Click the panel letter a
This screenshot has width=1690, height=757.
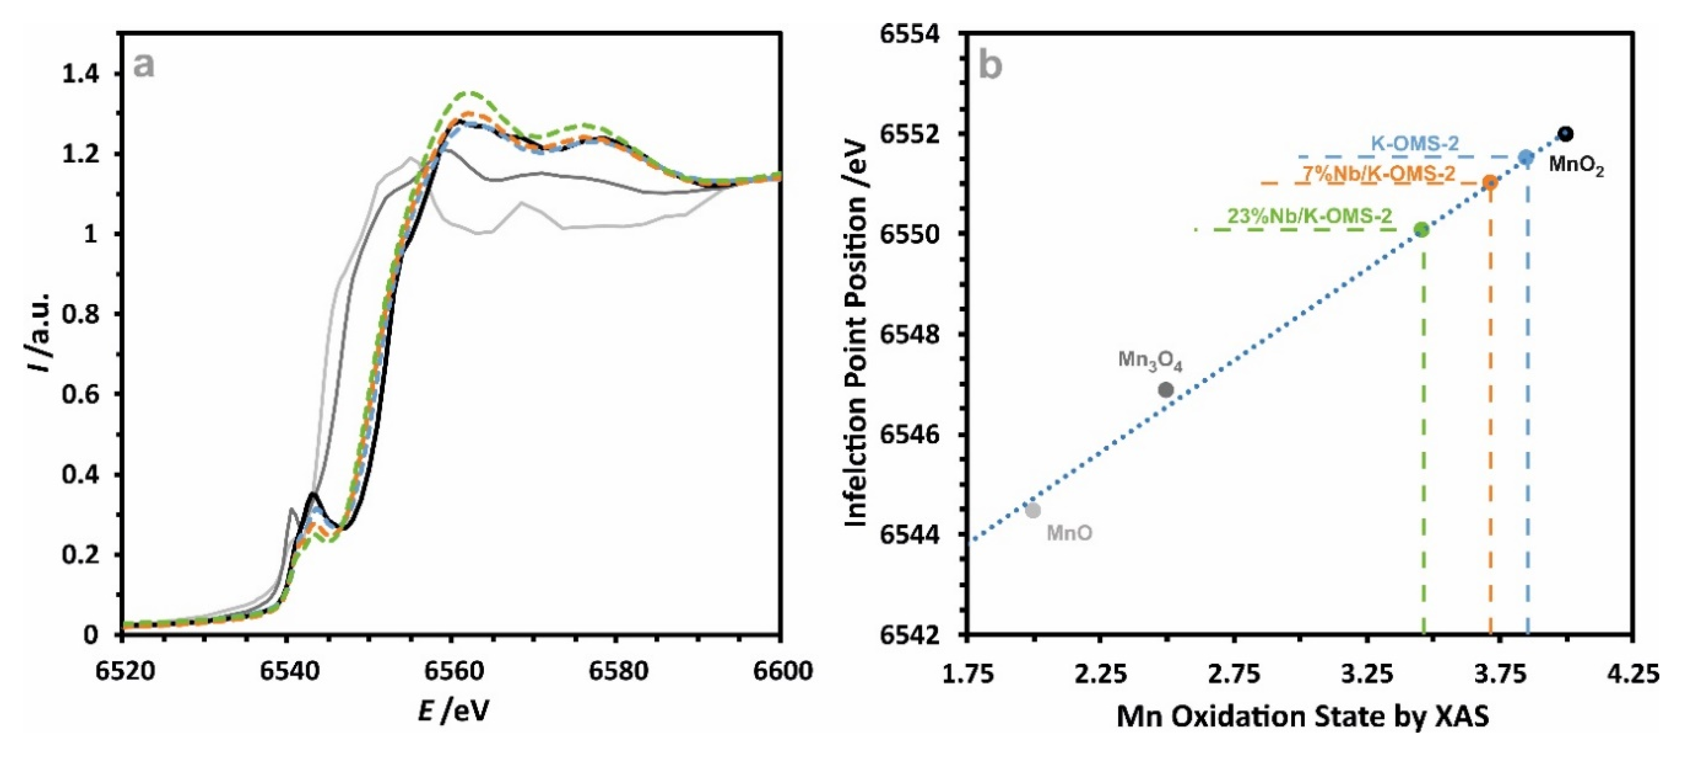coord(144,65)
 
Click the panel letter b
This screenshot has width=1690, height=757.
coord(990,65)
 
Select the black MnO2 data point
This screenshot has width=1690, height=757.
coord(1566,134)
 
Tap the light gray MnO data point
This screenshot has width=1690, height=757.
coord(1033,510)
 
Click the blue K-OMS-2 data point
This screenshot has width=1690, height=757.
coord(1526,157)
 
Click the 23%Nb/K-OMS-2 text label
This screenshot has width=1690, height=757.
coord(1309,215)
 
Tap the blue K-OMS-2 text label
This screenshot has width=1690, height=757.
coord(1414,143)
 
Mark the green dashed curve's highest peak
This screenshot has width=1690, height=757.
coord(467,92)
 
